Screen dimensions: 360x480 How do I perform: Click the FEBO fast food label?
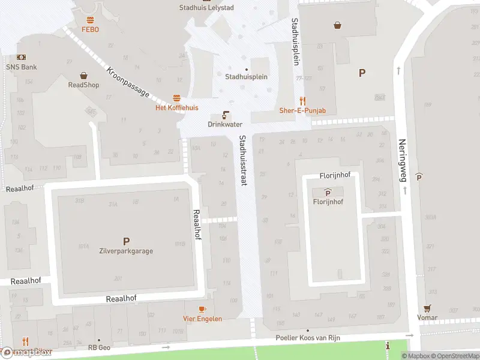coord(90,29)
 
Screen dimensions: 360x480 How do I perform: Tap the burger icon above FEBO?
coord(90,20)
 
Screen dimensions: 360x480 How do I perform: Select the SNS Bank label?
coord(22,67)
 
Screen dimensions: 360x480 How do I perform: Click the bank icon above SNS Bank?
coord(22,56)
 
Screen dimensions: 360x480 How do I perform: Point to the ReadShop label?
coord(83,85)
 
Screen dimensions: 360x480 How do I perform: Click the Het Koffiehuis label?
coord(176,107)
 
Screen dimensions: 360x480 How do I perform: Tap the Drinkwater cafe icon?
coord(226,114)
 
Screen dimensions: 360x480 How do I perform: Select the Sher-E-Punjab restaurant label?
coord(302,110)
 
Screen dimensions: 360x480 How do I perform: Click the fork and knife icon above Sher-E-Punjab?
coord(303,101)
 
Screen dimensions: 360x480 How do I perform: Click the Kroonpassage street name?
coord(127,82)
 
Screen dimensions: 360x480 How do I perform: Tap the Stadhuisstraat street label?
coord(243,160)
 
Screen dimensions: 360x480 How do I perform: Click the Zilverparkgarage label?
coord(126,251)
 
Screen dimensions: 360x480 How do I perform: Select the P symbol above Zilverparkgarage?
coord(126,241)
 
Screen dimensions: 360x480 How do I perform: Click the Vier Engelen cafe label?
coord(202,319)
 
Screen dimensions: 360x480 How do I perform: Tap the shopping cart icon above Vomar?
coord(427,308)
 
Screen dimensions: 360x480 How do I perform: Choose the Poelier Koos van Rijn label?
coord(308,338)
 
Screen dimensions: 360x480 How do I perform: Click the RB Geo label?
coord(99,347)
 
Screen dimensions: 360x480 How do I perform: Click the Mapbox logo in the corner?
coord(27,352)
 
